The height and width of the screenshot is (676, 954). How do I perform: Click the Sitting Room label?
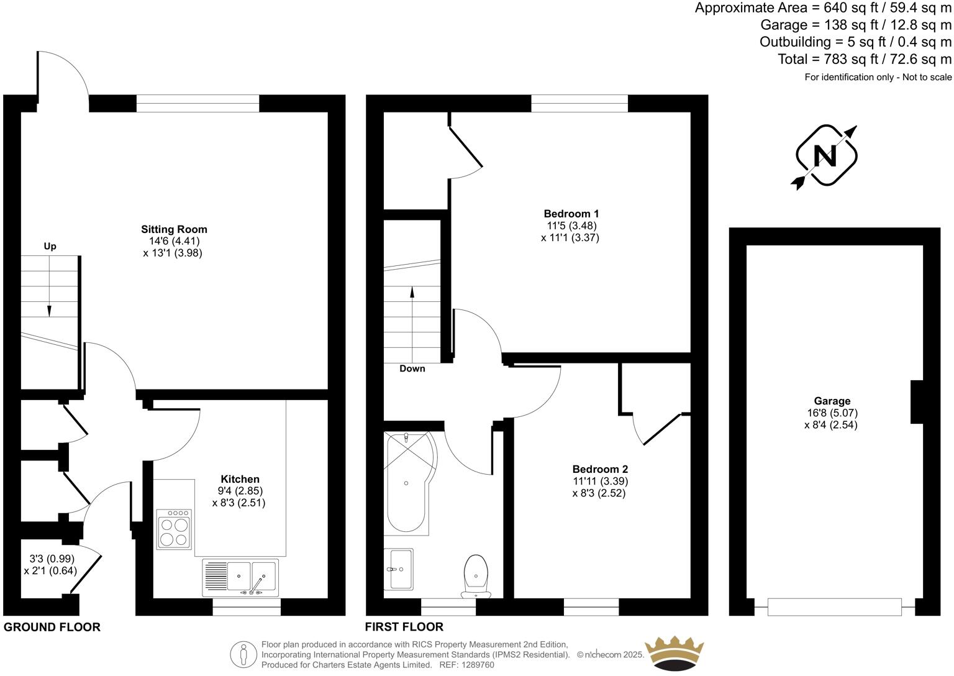point(174,229)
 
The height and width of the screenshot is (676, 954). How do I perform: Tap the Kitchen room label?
point(240,479)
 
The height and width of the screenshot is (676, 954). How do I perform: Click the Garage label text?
point(832,401)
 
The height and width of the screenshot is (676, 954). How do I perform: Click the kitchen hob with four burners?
point(173,529)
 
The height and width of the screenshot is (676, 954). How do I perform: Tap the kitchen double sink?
point(240,577)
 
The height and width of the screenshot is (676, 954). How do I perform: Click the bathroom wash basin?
point(398,569)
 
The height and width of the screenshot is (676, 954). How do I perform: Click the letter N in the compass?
point(825,155)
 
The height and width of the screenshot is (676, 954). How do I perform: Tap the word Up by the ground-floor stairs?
point(50,247)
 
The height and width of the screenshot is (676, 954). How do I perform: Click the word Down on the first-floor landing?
point(412,368)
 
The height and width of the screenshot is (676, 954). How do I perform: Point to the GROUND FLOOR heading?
point(52,627)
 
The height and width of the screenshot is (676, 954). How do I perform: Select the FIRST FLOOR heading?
point(404,627)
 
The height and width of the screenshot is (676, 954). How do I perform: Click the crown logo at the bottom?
point(675,654)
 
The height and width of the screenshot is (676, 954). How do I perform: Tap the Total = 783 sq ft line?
point(865,60)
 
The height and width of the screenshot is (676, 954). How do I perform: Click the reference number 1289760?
point(476,665)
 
